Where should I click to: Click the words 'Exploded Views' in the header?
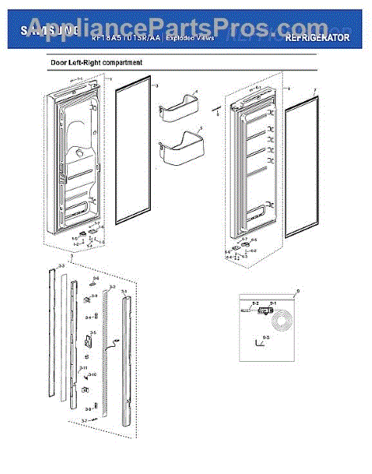(x=186, y=38)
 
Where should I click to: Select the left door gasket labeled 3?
(x=133, y=158)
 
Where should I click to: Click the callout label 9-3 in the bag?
(x=265, y=337)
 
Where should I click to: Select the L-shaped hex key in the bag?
(x=254, y=342)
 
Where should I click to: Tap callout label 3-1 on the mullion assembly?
(x=124, y=292)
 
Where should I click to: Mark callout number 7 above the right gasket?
(x=314, y=90)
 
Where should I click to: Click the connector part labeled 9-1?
(x=272, y=303)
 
